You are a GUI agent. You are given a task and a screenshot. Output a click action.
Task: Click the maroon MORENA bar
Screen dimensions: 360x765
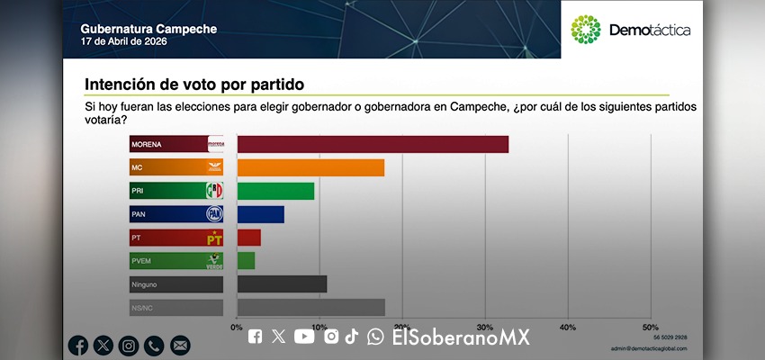point(373,144)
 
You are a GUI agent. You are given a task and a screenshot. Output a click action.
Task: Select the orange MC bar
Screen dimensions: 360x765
point(310,167)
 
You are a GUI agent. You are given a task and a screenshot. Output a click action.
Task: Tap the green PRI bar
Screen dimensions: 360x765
point(275,191)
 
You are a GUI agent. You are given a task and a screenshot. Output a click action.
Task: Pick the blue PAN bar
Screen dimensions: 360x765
point(260,214)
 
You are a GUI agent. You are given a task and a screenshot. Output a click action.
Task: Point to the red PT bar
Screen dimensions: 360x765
point(248,238)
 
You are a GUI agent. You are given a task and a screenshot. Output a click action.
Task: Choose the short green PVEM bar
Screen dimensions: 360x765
point(246,261)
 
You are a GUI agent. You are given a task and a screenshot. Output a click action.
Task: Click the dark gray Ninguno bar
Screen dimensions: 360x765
point(282,284)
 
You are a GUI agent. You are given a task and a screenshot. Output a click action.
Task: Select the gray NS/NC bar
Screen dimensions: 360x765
point(310,308)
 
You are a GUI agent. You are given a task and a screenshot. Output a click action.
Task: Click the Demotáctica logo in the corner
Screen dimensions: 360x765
point(631,30)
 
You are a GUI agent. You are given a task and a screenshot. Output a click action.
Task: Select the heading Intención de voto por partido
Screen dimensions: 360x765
point(194,85)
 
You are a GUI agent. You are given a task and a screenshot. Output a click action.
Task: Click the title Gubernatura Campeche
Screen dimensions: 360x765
point(148,29)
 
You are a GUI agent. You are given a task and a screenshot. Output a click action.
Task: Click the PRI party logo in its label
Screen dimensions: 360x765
point(214,191)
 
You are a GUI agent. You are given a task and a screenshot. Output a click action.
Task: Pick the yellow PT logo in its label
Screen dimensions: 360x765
point(214,238)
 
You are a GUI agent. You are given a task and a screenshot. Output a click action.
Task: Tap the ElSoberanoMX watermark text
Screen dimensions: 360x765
point(460,337)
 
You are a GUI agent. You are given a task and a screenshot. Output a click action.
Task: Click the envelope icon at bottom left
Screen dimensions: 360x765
point(180,345)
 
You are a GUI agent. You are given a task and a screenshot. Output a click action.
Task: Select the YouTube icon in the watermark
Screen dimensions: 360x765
point(304,337)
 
